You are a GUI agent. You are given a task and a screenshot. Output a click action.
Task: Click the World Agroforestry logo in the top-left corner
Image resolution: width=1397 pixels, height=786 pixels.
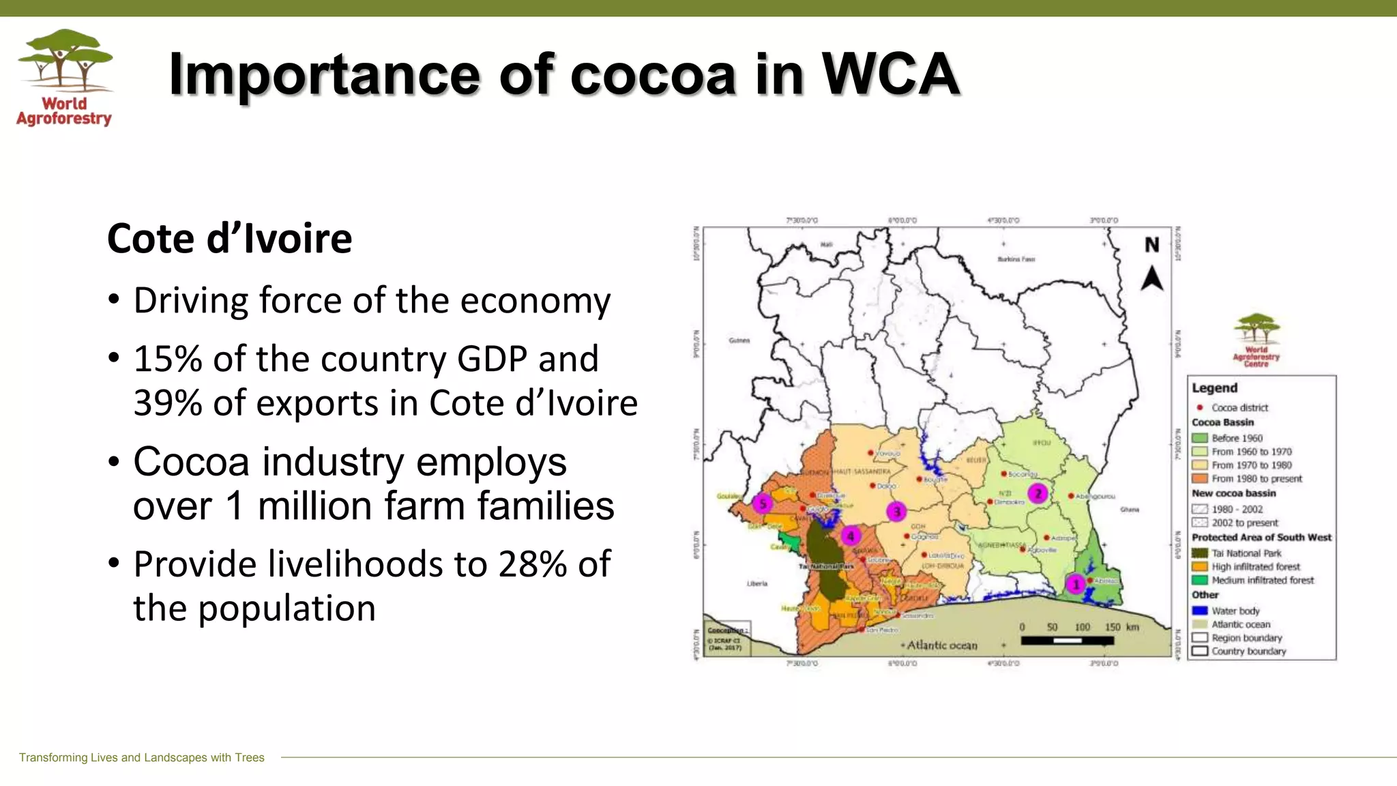point(65,77)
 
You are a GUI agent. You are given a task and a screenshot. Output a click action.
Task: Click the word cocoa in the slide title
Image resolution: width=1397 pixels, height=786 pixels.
point(653,74)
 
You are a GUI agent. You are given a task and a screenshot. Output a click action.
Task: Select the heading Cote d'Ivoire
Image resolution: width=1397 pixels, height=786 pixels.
point(229,239)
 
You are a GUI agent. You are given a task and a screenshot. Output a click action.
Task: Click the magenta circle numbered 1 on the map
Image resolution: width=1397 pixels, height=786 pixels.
point(1076,584)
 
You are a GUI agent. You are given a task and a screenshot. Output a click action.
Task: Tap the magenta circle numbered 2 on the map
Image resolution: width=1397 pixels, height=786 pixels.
point(1038,493)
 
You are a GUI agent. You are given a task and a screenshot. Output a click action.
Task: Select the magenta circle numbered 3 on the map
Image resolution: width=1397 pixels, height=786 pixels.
point(896,511)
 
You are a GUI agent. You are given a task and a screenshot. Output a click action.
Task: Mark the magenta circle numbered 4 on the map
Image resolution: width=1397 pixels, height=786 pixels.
point(851,536)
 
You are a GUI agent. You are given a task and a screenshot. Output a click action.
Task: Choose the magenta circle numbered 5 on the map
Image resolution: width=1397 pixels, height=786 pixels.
point(763,504)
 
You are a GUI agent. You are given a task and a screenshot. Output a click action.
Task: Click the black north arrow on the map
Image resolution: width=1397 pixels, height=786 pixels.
point(1152,278)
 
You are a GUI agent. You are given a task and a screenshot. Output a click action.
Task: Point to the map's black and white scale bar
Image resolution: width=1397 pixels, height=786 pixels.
point(1067,641)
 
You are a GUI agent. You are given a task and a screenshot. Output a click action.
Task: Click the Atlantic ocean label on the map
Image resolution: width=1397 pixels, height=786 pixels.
point(942,645)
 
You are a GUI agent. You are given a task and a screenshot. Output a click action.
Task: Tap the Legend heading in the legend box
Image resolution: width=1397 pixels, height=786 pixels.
point(1214,388)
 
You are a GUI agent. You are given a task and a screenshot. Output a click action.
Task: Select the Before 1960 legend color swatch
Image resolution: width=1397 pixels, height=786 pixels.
point(1200,438)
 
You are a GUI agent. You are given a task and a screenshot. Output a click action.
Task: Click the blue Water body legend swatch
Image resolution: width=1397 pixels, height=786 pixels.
point(1200,611)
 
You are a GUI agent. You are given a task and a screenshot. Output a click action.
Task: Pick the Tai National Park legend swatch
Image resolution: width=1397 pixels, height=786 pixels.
point(1200,553)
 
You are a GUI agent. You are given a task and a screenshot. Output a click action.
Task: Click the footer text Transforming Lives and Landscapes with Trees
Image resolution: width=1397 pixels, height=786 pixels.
point(141,757)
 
